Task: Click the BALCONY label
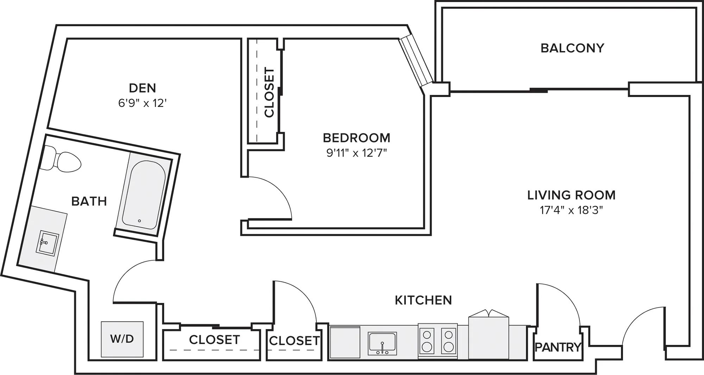[572, 48]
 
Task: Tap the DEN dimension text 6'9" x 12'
[142, 103]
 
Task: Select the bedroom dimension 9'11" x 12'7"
[357, 153]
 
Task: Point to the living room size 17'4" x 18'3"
[571, 210]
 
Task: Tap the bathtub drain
[139, 221]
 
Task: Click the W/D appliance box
[122, 339]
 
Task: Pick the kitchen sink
[382, 343]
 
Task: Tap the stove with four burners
[438, 341]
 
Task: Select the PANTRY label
[558, 347]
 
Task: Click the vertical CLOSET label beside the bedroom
[269, 92]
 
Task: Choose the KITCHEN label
[423, 300]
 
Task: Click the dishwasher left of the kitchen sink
[345, 342]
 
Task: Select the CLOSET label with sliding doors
[214, 339]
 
